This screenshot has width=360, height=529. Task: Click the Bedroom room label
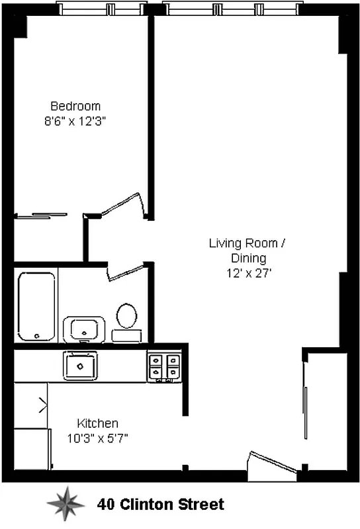tap(75, 106)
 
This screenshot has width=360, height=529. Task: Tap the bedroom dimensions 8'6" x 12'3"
tap(75, 121)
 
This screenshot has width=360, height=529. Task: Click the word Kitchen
tap(97, 423)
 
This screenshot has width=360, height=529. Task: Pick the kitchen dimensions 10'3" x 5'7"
tap(97, 438)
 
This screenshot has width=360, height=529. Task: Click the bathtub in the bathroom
tap(36, 306)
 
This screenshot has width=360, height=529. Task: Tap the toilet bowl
tap(126, 315)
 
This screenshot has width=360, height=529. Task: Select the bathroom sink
tap(84, 329)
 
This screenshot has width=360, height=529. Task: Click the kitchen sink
tap(80, 364)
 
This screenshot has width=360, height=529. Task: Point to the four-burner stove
tap(163, 366)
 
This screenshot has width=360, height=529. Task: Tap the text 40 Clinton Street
tap(161, 505)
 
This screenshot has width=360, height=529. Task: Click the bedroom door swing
tap(124, 204)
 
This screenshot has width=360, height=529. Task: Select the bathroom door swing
tap(126, 271)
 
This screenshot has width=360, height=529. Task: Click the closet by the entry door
tap(325, 410)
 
